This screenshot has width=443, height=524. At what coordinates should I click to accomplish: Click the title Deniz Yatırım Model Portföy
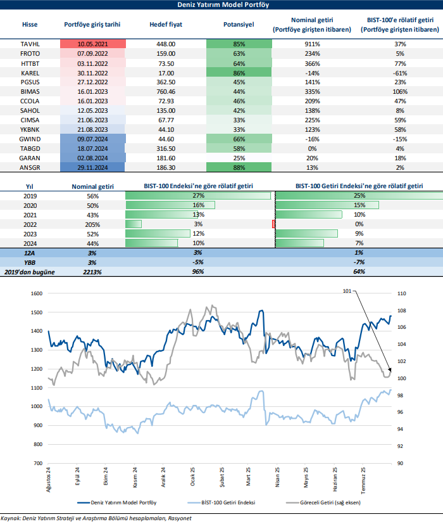pos(221,5)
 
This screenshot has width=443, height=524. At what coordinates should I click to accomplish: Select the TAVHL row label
pos(30,44)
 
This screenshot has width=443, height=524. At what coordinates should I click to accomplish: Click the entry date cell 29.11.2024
pos(92,167)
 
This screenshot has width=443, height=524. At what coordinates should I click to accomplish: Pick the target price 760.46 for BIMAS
pos(166,92)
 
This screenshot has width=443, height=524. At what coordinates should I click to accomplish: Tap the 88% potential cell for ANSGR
pos(239,167)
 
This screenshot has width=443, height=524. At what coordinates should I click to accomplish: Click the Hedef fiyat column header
pos(166,25)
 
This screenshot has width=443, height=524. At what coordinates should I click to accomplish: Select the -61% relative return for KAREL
pos(399,73)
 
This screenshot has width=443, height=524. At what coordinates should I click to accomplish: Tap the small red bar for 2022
pos(273,224)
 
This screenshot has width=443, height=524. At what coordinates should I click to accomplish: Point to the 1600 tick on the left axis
pos(35,293)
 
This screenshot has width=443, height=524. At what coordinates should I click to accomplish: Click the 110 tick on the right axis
pos(400,293)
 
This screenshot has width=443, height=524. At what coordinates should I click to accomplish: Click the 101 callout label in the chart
pos(346,291)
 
